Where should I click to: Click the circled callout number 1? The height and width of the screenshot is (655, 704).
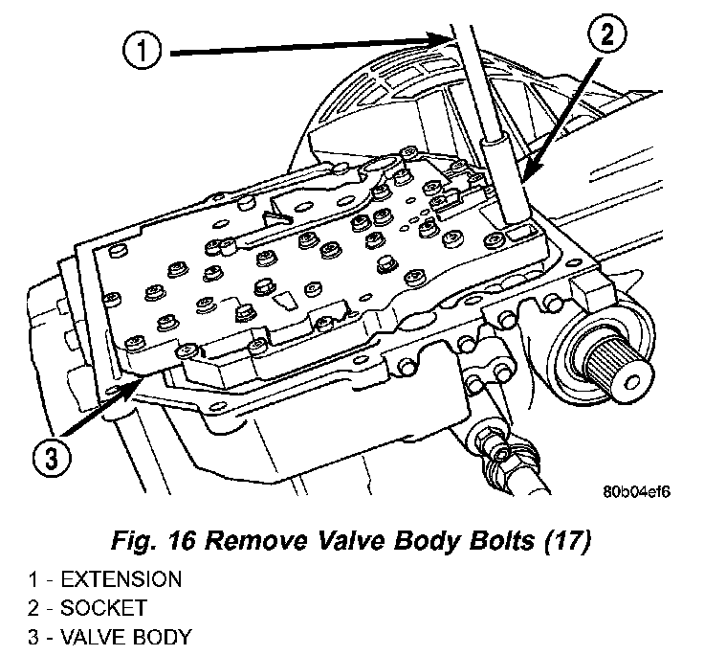(x=142, y=50)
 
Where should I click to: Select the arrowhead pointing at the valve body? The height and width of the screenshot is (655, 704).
(x=144, y=382)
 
